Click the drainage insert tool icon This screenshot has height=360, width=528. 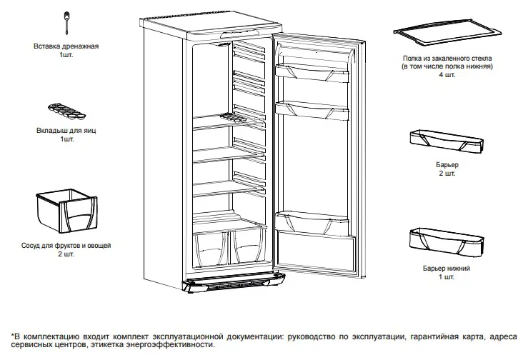(66, 22)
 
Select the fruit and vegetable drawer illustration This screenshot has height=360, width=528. (65, 211)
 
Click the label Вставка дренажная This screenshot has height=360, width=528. (66, 46)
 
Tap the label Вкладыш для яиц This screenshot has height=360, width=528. (66, 131)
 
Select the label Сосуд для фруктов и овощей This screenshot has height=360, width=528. (66, 246)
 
